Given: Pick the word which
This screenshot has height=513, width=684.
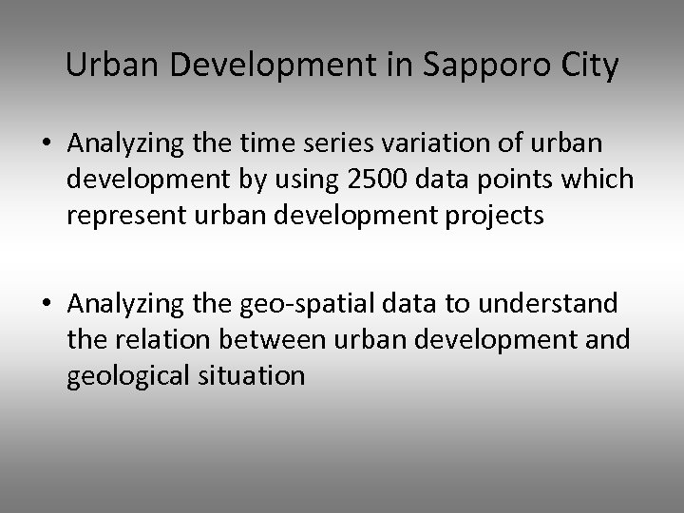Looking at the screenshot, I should coord(600,180).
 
